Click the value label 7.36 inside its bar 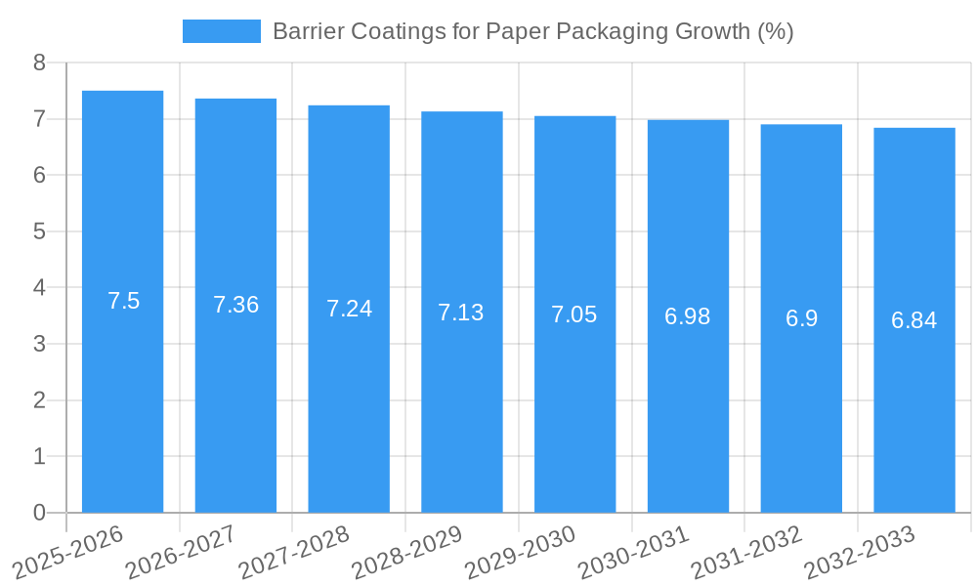pyautogui.click(x=235, y=305)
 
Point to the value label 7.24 pyautogui.click(x=349, y=309)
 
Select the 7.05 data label pyautogui.click(x=574, y=314)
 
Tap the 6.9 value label pyautogui.click(x=801, y=318)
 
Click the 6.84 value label pyautogui.click(x=913, y=320)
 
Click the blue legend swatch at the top pyautogui.click(x=221, y=31)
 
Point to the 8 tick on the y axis pyautogui.click(x=39, y=63)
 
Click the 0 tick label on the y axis pyautogui.click(x=39, y=513)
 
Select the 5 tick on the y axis pyautogui.click(x=39, y=231)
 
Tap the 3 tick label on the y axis pyautogui.click(x=39, y=344)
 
